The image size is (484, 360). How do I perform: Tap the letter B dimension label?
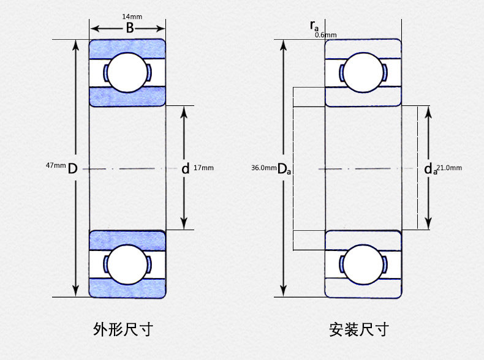129,28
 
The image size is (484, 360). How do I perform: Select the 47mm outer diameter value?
55,165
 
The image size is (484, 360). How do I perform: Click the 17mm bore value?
203,168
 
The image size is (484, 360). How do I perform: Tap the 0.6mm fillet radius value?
325,35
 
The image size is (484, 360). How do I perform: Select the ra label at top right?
314,25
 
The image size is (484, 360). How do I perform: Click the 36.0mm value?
263,168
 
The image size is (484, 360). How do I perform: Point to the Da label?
284,169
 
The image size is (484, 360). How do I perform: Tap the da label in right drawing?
431,169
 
